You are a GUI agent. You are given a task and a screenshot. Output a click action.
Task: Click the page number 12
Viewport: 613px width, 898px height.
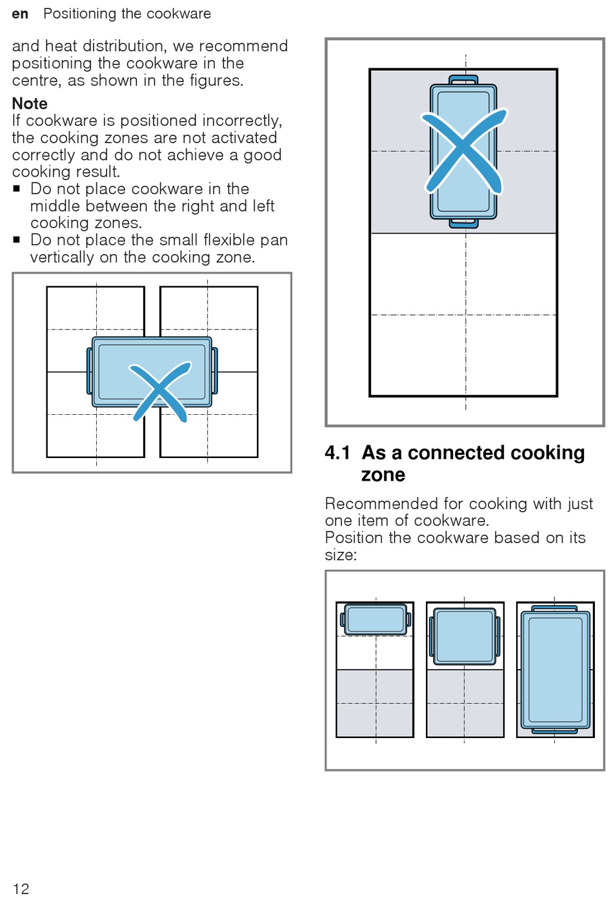point(21,888)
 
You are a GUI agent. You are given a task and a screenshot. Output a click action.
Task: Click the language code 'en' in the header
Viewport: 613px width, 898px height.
point(20,14)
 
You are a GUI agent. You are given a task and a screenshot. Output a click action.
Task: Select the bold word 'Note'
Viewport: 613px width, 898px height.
point(30,103)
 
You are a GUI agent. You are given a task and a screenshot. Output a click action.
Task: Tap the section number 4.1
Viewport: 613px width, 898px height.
point(337,453)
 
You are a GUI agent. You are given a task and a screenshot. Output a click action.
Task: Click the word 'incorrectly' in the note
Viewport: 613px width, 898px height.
point(242,121)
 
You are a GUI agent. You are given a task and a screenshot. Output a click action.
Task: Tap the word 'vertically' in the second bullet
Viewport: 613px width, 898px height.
point(62,257)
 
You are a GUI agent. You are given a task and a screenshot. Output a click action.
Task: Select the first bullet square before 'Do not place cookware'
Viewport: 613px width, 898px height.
point(16,189)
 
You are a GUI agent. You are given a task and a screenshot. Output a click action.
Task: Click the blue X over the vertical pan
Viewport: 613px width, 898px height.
point(463,150)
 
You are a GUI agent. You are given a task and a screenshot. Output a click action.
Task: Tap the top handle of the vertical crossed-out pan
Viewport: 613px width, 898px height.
point(463,80)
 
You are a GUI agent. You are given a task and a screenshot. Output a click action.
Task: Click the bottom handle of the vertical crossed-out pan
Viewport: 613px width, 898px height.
point(463,223)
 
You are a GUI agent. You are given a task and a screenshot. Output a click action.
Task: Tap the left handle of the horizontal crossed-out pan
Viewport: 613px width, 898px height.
point(90,371)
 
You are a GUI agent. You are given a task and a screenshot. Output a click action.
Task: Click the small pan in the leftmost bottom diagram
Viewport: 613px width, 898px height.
point(376,620)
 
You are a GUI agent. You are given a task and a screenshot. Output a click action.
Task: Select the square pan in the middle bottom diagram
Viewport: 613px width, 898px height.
point(465,636)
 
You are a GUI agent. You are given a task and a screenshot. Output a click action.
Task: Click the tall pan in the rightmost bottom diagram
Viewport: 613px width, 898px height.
point(555,669)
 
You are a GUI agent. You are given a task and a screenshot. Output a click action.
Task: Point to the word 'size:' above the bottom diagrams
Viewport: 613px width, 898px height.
point(341,555)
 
